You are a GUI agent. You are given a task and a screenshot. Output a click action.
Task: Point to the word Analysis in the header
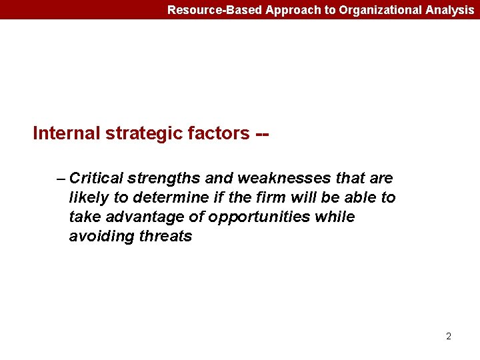point(450,10)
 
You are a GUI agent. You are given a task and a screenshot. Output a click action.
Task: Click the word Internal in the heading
point(67,133)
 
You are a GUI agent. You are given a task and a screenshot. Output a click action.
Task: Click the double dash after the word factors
point(262,133)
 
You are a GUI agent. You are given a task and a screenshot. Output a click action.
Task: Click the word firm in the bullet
point(273,198)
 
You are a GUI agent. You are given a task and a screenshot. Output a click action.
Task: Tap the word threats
point(165,237)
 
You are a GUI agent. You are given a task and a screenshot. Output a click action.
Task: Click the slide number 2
point(449,336)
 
